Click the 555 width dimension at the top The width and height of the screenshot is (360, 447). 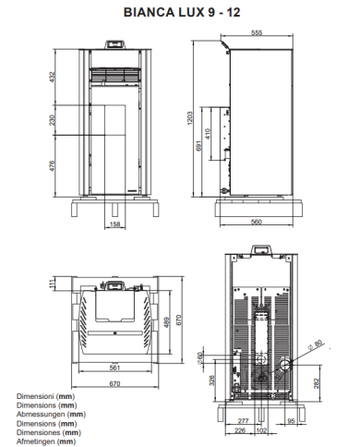(257, 32)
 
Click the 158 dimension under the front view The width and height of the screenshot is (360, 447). (114, 223)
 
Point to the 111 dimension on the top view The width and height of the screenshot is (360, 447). (41, 285)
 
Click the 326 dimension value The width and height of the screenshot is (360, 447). (212, 379)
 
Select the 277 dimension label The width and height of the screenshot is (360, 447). (244, 420)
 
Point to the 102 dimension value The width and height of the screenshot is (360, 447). (262, 429)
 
